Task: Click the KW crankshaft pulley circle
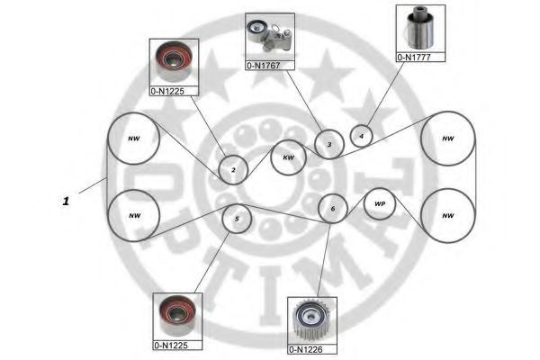(x=288, y=157)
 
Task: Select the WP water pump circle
(x=380, y=203)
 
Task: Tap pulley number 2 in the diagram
(x=233, y=169)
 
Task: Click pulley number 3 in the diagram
(x=329, y=144)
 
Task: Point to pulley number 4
(x=361, y=136)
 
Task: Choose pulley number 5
(x=237, y=219)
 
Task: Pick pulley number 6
(x=333, y=209)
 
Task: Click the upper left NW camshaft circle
(x=133, y=139)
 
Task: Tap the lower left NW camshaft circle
(x=134, y=216)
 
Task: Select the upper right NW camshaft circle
(x=448, y=139)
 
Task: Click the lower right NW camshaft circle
(x=448, y=216)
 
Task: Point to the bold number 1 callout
(x=66, y=201)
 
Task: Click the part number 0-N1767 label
(x=264, y=66)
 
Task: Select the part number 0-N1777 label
(x=414, y=58)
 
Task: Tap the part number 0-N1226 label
(x=306, y=349)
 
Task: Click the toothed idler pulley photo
(x=311, y=320)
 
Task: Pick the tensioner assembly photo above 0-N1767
(x=270, y=37)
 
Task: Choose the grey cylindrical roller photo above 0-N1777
(x=420, y=28)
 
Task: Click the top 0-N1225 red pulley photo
(x=174, y=62)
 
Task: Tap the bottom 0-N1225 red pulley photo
(x=177, y=316)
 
